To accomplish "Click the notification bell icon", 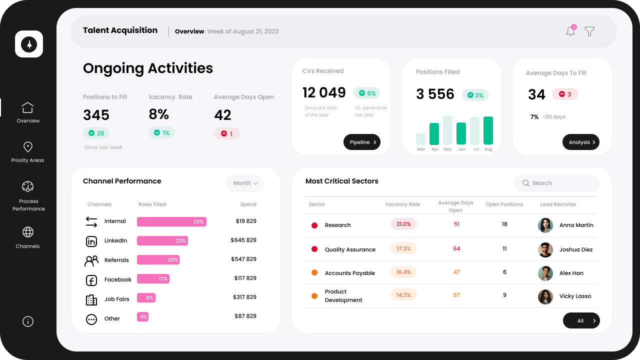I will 570,31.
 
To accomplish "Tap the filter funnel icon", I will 589,31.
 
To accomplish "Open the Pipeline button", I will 361,142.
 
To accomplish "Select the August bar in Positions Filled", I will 488,130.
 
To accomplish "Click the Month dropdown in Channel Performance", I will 245,183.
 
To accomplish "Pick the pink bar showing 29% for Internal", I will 171,221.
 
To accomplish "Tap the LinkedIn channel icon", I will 91,241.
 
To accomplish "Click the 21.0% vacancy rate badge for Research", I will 403,224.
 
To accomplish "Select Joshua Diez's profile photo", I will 545,249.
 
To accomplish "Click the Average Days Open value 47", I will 456,272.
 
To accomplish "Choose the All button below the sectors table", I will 581,320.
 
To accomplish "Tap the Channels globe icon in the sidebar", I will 28,232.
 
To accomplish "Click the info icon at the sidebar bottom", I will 28,321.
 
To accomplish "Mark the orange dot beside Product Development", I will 314,296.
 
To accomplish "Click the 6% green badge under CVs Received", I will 366,93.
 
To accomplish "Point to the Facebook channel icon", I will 91,280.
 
